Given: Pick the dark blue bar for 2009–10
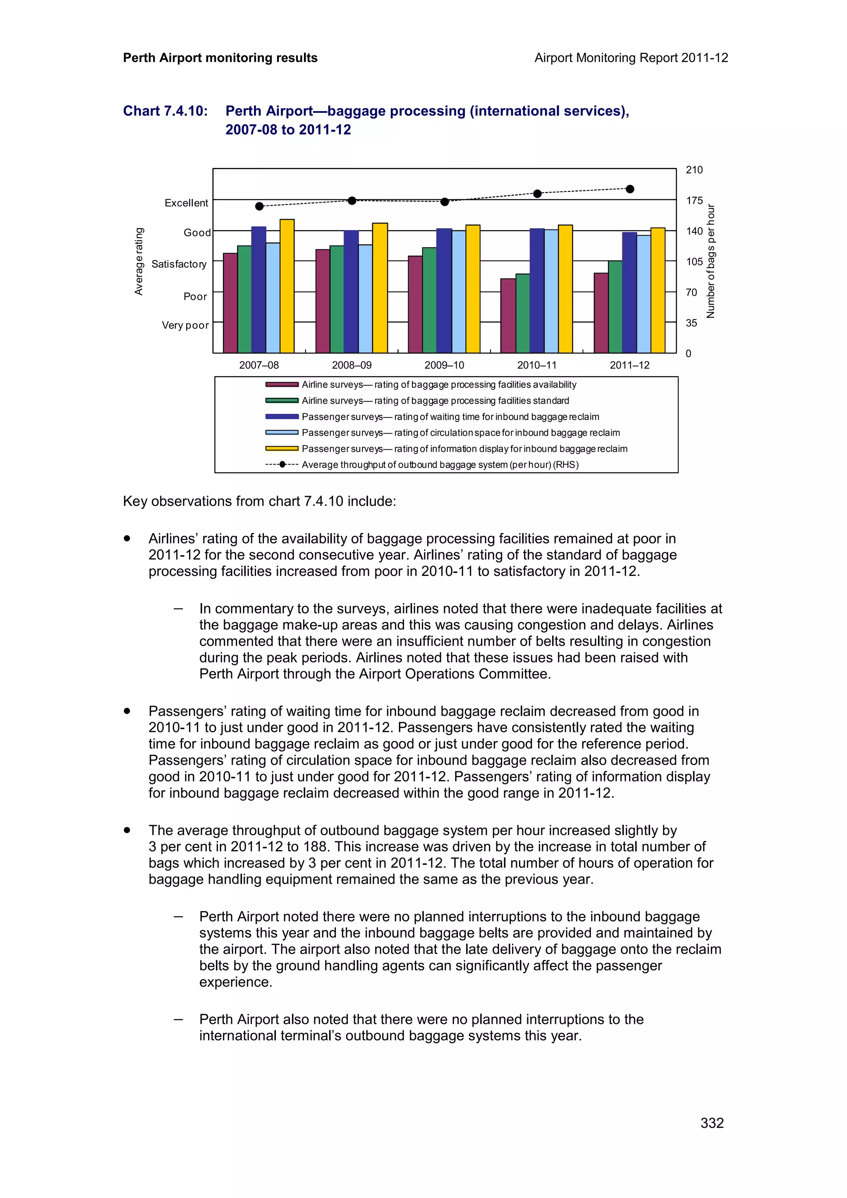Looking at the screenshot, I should (x=444, y=291).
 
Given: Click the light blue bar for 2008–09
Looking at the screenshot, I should (x=365, y=298).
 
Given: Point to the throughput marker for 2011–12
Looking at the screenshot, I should (x=630, y=189).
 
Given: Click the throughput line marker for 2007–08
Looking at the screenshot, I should (x=259, y=206).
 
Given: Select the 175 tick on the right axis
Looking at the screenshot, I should (x=694, y=200).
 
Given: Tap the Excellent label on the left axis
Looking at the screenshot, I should (x=186, y=203).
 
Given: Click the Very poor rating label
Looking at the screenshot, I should (x=185, y=326).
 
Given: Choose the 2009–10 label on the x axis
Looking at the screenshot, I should (x=444, y=365).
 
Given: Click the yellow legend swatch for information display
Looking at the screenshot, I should (x=282, y=449).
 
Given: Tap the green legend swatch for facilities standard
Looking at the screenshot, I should (x=282, y=401).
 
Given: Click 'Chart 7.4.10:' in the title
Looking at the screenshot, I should (x=165, y=111).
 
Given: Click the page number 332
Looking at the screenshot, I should (x=712, y=1123).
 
